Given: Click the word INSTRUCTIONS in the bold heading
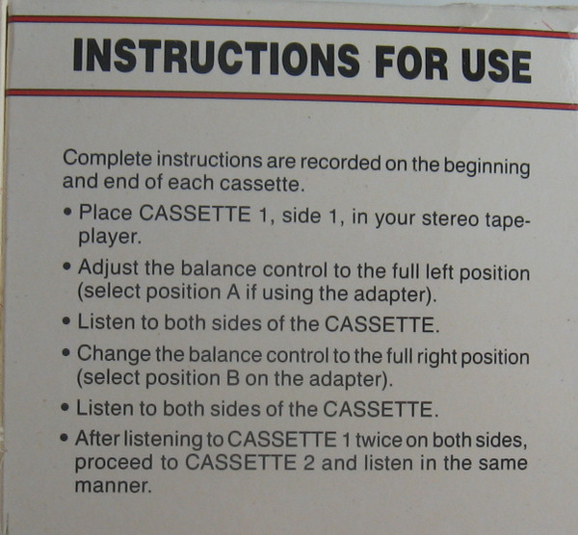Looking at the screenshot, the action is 217,59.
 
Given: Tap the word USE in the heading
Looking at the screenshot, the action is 496,66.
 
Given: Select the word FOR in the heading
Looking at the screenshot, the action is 411,63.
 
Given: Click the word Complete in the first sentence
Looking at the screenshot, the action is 107,159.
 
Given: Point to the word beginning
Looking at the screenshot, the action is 486,167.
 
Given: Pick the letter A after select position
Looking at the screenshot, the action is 233,293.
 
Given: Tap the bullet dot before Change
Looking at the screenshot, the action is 66,353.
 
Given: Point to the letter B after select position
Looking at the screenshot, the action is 232,378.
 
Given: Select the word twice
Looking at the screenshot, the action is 379,440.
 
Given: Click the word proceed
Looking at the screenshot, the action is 114,463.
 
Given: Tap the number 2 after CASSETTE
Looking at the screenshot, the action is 309,463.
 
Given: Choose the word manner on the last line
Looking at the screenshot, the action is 112,486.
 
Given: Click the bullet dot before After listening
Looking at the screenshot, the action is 65,438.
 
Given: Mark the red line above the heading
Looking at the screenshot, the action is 292,25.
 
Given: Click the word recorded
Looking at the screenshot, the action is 340,164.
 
